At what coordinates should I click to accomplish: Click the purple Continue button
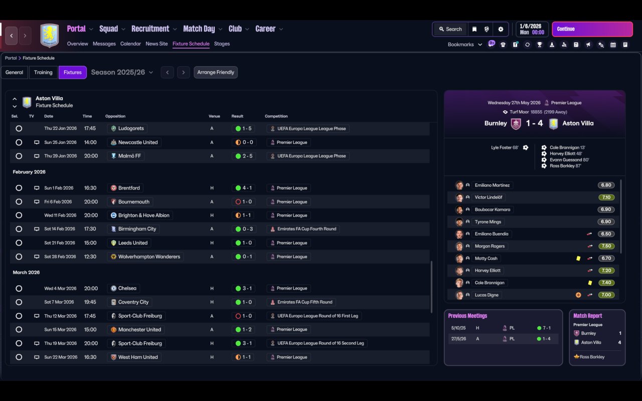point(592,29)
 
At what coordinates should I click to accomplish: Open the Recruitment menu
point(150,29)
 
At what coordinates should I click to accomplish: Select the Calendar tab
point(130,44)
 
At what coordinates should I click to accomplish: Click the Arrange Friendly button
point(216,72)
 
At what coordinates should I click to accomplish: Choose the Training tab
point(43,72)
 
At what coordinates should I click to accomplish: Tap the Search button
point(449,29)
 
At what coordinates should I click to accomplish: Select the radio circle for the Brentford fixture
point(19,188)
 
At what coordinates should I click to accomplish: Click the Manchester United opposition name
point(139,330)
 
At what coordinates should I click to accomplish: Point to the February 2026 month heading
point(29,172)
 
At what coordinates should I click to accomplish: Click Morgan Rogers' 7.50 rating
point(606,246)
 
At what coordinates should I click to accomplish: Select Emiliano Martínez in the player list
point(492,185)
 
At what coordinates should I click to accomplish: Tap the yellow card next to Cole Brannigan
point(590,283)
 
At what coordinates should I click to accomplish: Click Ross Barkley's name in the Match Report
point(592,357)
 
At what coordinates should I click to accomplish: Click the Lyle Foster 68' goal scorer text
point(505,148)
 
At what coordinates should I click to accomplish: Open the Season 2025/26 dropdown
point(122,72)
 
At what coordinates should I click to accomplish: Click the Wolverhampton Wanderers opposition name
point(149,257)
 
